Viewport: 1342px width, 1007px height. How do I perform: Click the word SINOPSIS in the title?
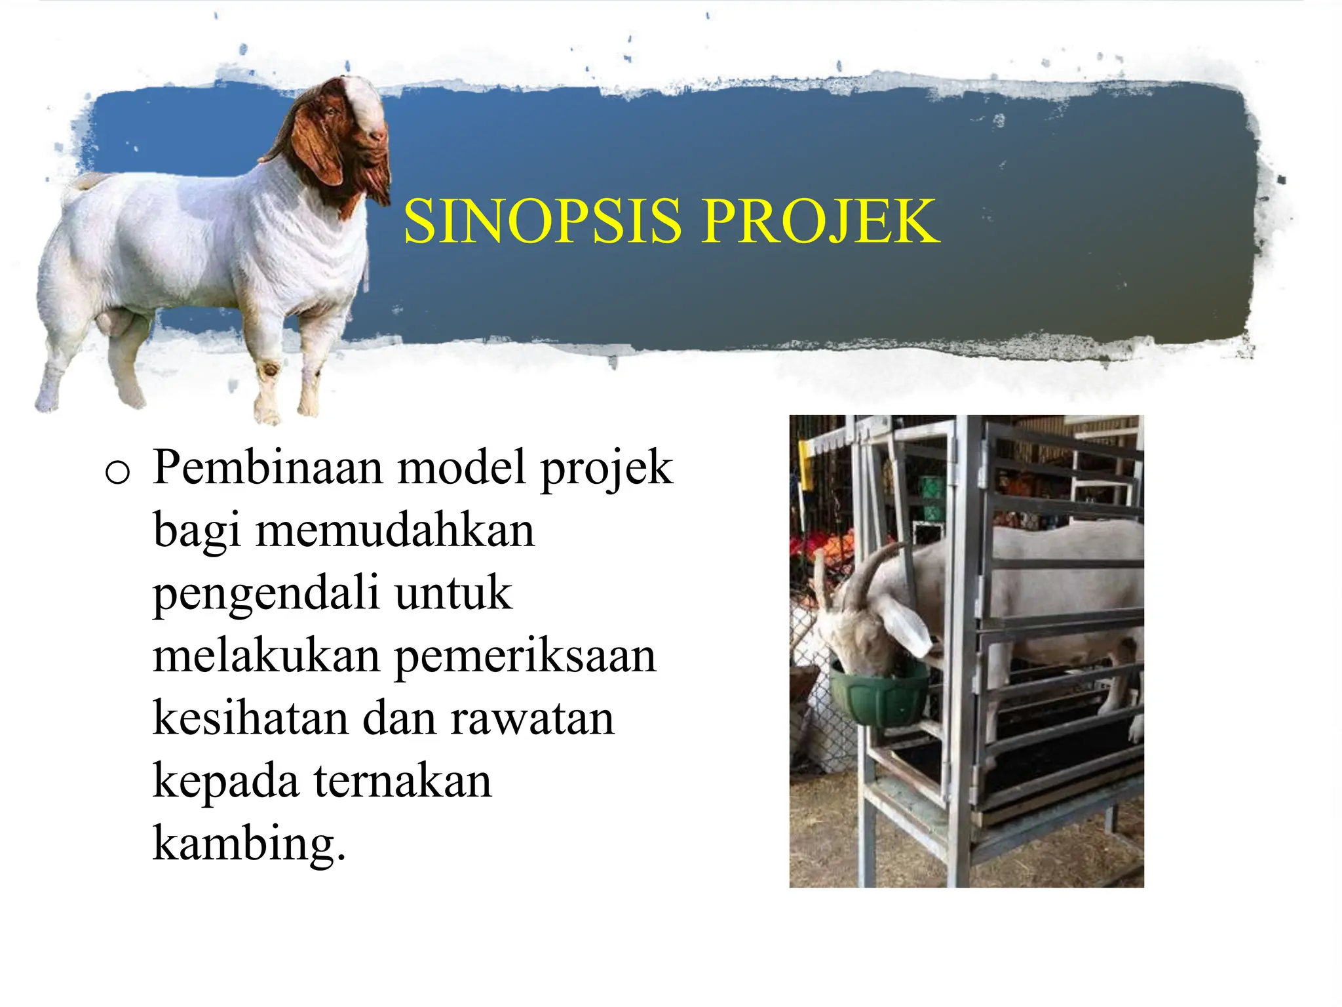(543, 222)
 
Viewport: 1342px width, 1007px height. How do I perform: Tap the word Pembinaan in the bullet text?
(267, 468)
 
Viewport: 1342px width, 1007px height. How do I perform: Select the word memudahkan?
(394, 530)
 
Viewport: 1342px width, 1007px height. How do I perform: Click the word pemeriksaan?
(525, 656)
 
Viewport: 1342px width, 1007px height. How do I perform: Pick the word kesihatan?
(250, 718)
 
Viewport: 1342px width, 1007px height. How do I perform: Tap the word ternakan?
(402, 781)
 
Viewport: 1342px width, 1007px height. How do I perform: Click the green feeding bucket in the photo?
(878, 695)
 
